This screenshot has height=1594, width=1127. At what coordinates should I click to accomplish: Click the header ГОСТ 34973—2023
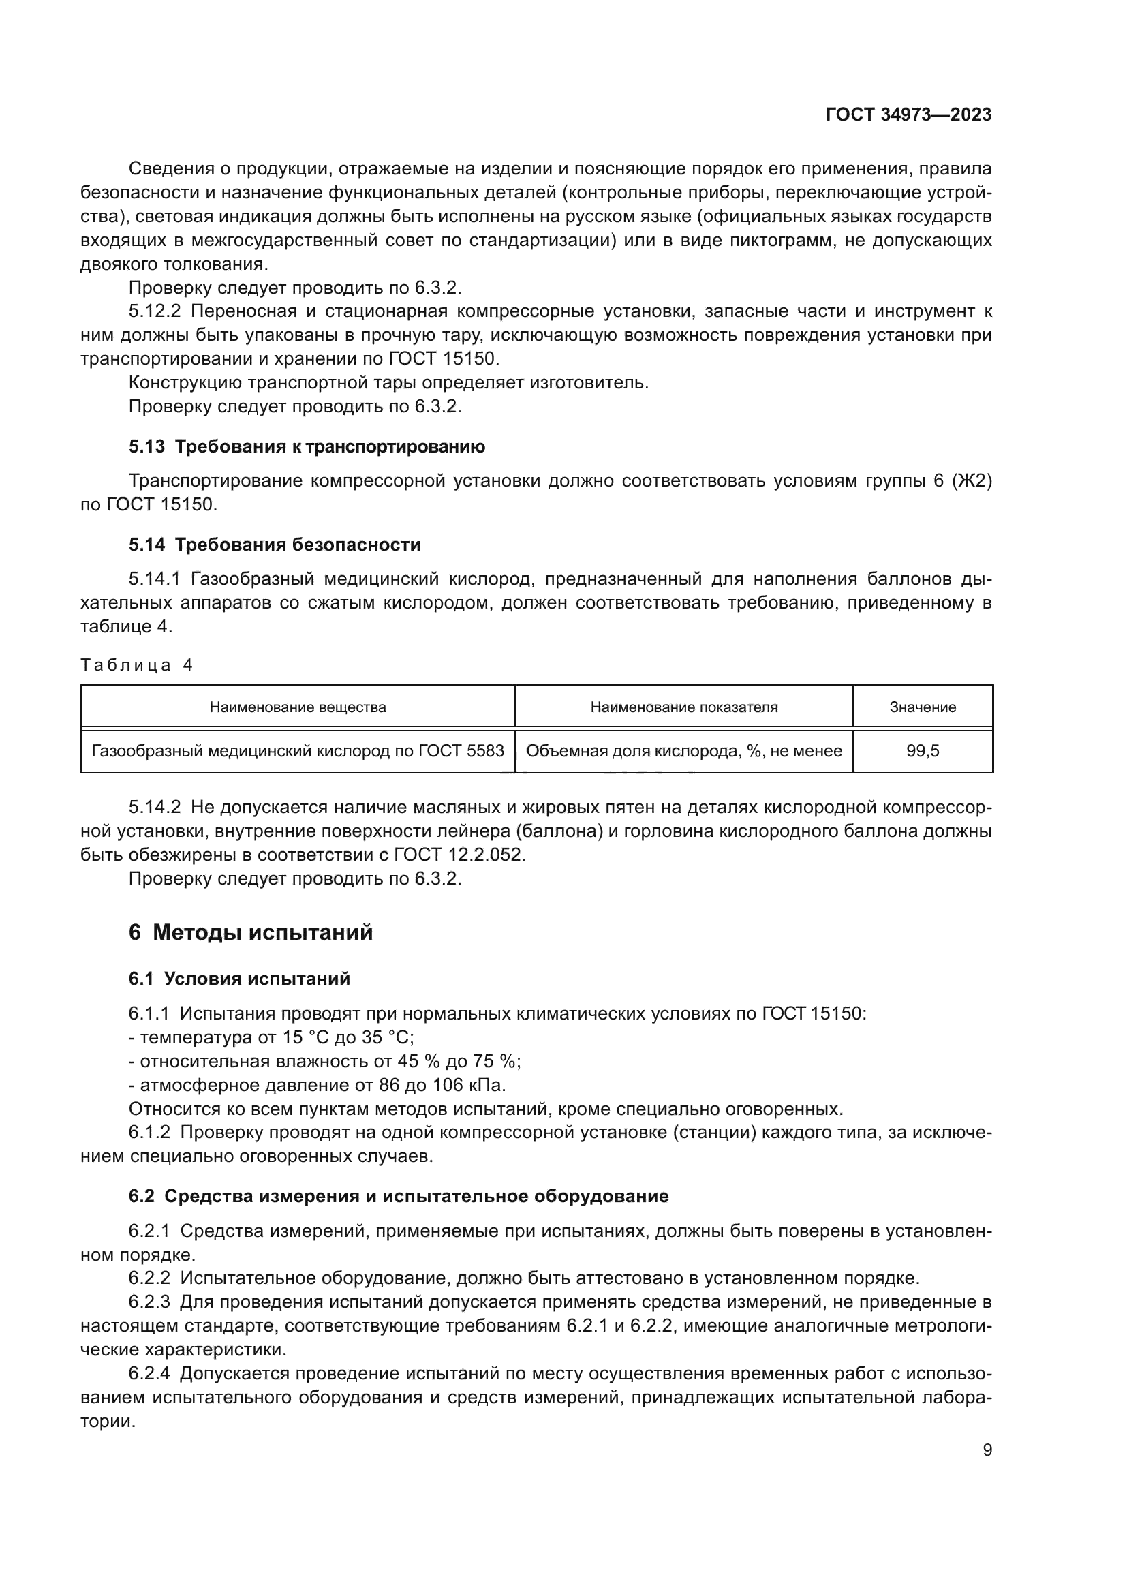[908, 115]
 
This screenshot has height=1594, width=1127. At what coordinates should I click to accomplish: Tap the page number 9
[987, 1450]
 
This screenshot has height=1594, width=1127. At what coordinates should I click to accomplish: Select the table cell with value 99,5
[923, 750]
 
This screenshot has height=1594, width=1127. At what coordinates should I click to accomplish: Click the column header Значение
[923, 707]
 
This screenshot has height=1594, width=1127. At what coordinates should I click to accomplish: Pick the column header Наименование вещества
[298, 707]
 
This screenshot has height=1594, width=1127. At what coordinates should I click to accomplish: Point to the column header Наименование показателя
[683, 707]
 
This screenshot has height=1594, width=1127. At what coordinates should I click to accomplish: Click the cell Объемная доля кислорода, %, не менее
[683, 750]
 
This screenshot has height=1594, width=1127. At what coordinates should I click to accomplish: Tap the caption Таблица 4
[136, 665]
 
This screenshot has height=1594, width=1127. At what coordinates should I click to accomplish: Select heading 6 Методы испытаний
[251, 932]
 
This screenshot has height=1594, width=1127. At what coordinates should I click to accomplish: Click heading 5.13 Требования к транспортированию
[307, 446]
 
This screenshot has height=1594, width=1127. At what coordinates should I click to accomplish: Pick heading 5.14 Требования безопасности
[275, 545]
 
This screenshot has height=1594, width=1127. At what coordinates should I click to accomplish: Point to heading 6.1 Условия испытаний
[239, 979]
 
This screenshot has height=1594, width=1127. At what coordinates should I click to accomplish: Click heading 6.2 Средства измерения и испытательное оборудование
[399, 1195]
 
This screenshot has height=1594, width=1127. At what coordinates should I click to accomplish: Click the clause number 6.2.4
[149, 1373]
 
